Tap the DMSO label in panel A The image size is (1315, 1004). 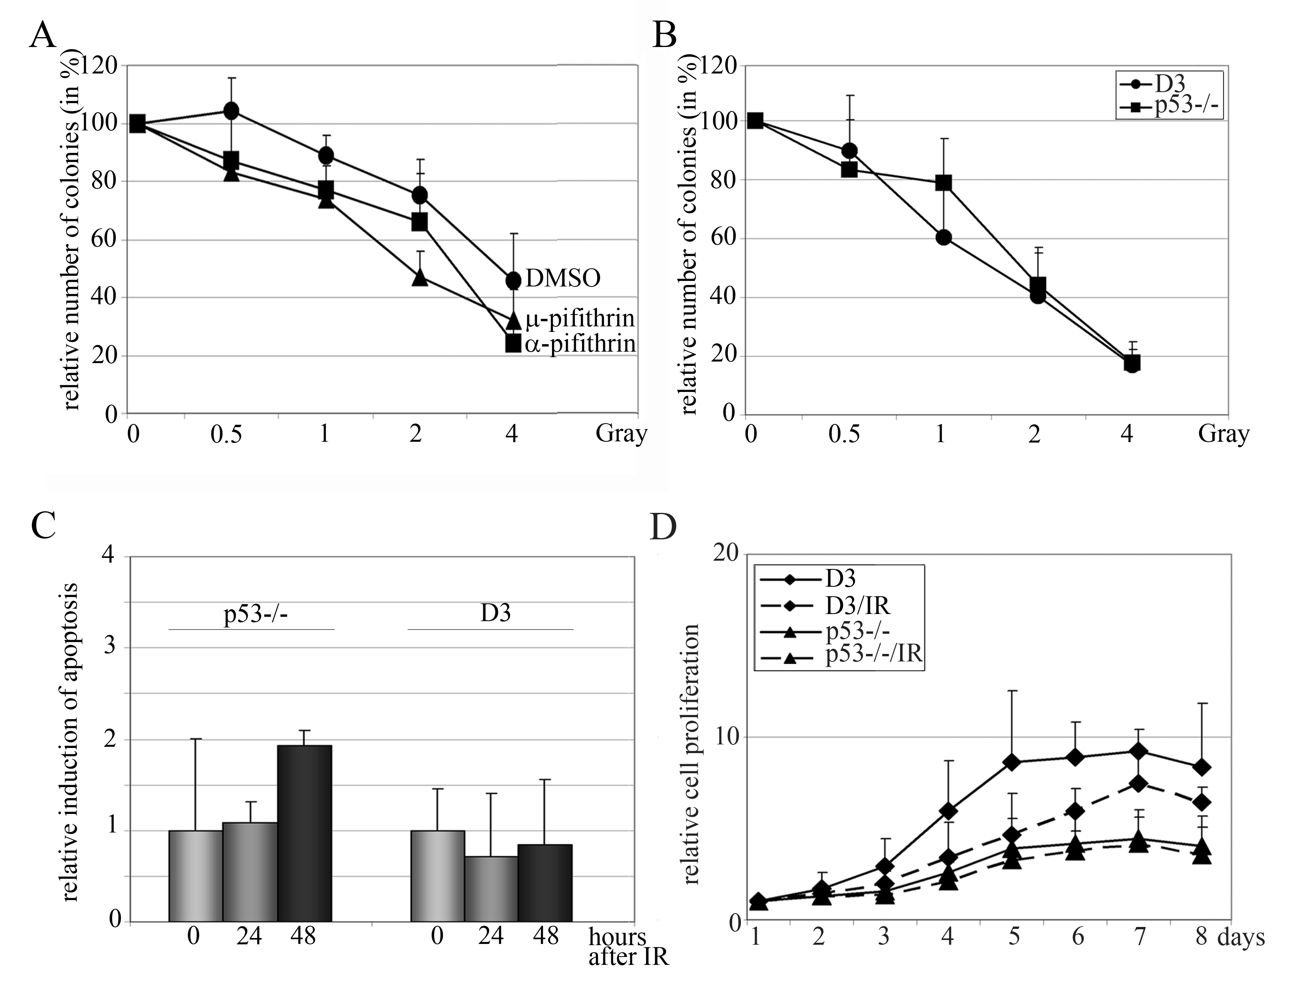click(x=562, y=279)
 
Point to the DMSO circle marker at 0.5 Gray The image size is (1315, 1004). click(x=231, y=111)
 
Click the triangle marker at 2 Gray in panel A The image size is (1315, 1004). click(x=420, y=277)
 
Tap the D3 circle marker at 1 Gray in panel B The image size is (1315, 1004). click(x=943, y=237)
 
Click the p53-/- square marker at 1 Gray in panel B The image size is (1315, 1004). click(x=943, y=183)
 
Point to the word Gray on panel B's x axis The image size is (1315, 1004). click(x=1223, y=435)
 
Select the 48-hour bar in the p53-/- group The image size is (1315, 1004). click(x=304, y=833)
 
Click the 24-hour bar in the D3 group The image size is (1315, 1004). click(x=491, y=889)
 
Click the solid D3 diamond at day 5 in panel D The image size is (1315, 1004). click(x=1012, y=762)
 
